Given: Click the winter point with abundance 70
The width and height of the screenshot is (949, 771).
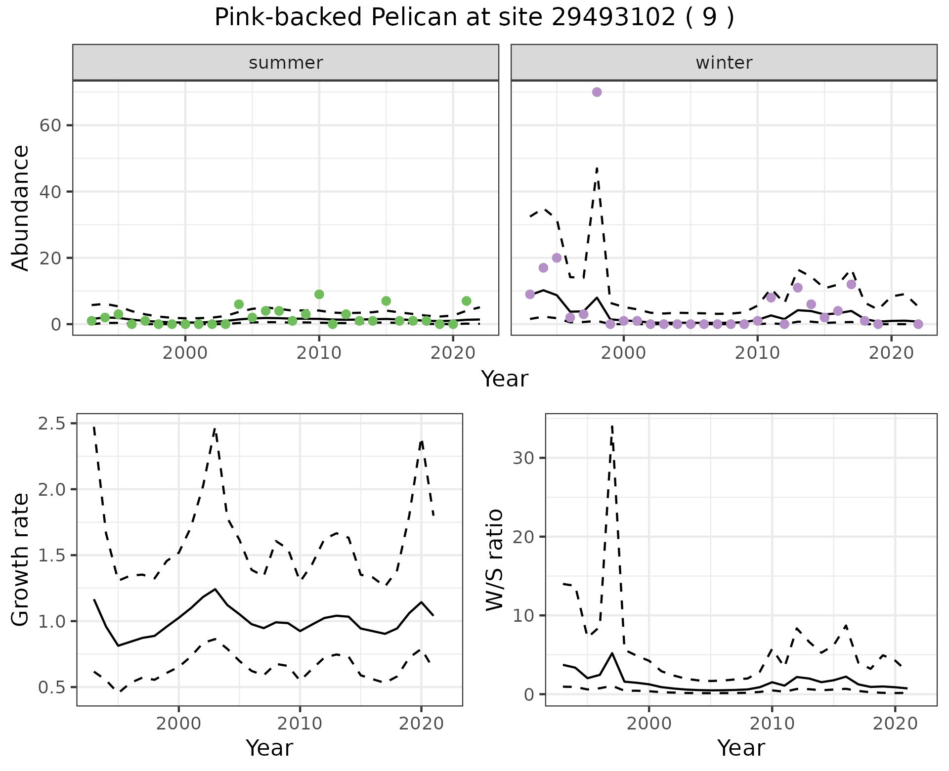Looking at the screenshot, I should point(597,92).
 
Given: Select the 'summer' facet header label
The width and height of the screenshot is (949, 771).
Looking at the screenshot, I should point(286,63).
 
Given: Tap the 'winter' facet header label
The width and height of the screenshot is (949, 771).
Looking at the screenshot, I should point(724,63).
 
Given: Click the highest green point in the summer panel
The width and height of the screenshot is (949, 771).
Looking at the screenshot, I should point(319,294).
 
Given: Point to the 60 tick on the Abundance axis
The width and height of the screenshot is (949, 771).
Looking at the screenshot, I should point(49,126).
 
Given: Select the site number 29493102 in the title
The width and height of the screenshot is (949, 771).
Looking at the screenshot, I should point(613,18).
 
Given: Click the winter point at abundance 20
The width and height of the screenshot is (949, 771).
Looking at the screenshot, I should point(557,258).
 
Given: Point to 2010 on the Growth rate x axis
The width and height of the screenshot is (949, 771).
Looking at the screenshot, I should point(300,724).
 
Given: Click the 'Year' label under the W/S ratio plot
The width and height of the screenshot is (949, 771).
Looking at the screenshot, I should point(741,748).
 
